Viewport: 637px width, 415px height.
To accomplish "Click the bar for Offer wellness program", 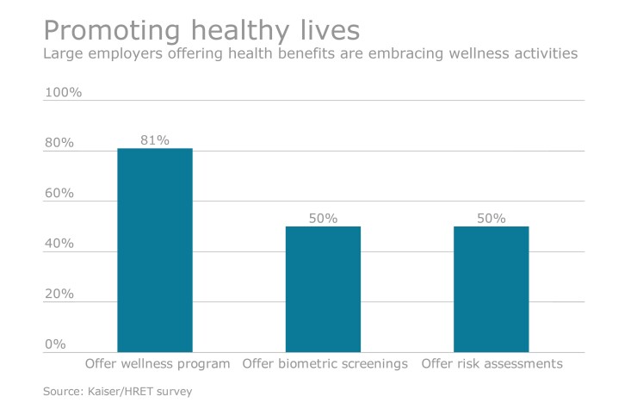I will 155,250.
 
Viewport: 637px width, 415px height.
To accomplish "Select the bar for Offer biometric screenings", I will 323,289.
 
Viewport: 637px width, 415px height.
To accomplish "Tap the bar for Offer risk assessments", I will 491,289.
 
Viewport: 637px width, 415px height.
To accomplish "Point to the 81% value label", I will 155,139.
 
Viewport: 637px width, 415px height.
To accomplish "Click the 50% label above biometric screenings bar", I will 323,218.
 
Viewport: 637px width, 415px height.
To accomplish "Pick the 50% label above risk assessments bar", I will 491,218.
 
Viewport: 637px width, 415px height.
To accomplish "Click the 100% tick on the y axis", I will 62,92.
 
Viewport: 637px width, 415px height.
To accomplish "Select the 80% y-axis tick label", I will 59,143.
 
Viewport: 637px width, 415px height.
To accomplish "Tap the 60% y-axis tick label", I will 59,193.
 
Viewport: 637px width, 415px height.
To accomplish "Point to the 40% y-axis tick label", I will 59,244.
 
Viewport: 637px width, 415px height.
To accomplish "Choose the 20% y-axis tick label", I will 59,294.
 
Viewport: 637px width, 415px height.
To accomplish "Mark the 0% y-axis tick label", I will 55,344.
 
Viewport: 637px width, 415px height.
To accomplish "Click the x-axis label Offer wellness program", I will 158,364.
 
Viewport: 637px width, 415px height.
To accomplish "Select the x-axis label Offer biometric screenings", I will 325,364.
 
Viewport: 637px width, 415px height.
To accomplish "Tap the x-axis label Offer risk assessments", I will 492,364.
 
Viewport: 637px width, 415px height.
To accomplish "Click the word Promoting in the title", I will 114,31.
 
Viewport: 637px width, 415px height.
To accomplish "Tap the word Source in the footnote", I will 62,393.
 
